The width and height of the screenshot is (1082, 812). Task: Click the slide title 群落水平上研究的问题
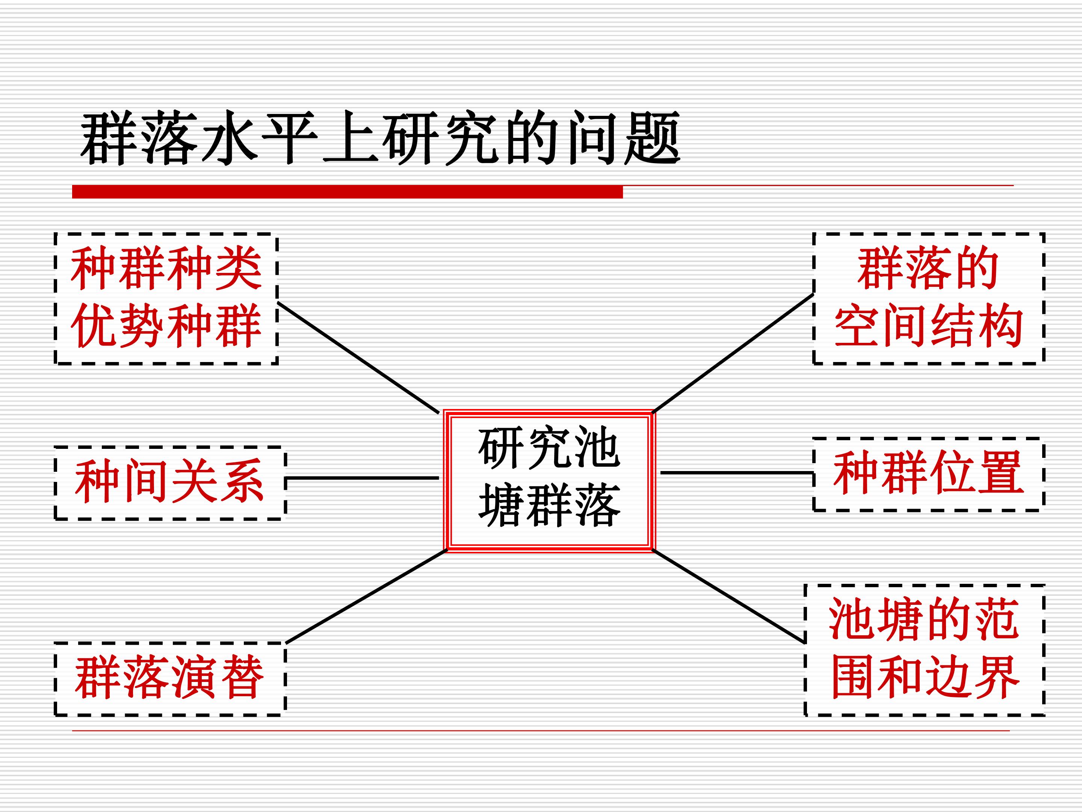click(380, 138)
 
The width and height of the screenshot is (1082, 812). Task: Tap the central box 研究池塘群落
click(549, 481)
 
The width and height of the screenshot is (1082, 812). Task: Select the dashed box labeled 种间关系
click(170, 483)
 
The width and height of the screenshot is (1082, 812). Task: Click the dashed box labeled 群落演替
click(170, 679)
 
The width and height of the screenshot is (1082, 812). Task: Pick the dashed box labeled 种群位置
click(928, 474)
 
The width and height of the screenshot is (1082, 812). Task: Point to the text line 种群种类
click(166, 268)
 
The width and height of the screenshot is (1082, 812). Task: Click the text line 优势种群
click(166, 325)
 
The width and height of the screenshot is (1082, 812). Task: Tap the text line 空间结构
click(928, 325)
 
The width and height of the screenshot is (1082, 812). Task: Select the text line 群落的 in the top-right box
click(928, 268)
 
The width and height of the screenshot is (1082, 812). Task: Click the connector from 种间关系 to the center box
click(362, 478)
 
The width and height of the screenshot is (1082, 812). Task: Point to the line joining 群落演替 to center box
click(366, 596)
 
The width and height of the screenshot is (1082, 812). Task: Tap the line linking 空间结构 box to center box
click(733, 353)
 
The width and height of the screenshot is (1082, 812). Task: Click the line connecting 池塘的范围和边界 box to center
click(729, 596)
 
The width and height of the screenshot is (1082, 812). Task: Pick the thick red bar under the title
click(347, 191)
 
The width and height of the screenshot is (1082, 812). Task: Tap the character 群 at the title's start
click(109, 138)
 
